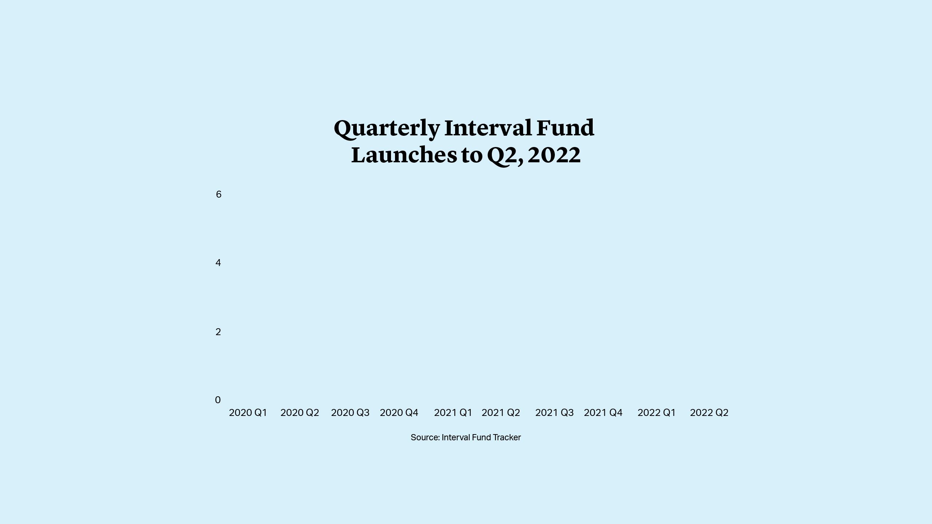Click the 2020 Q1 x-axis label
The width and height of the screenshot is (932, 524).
(248, 413)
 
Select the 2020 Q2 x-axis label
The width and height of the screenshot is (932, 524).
(300, 413)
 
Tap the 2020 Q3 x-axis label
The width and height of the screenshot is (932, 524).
(350, 413)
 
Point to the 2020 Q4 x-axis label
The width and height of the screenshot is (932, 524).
(399, 413)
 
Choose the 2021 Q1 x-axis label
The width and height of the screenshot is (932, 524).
(453, 413)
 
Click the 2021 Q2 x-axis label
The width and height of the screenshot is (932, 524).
(501, 413)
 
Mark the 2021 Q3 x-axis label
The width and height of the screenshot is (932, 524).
(554, 413)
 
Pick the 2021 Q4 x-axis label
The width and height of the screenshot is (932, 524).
(603, 413)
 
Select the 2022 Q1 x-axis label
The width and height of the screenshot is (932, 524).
(657, 413)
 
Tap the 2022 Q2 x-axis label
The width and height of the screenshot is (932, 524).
(709, 413)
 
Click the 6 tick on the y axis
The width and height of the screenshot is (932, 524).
(218, 194)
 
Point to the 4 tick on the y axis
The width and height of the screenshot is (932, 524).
(218, 263)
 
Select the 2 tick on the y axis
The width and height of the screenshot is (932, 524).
(218, 332)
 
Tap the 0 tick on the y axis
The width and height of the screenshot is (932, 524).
(218, 400)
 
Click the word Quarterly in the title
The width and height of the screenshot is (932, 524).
(387, 128)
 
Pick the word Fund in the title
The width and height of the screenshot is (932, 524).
(565, 128)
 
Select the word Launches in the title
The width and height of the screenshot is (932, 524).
(404, 155)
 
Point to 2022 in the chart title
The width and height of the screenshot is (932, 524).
(554, 155)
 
